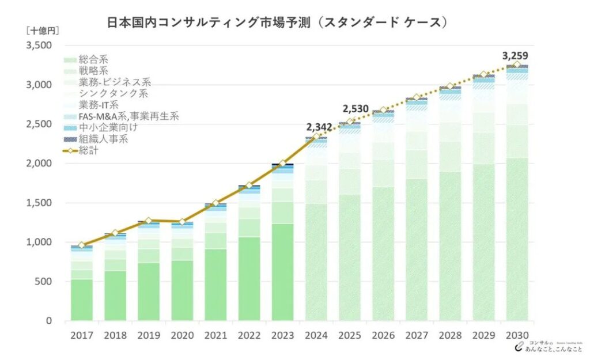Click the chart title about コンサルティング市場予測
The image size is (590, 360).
277,22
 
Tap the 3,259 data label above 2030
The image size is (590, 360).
515,56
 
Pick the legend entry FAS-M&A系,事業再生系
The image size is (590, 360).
121,116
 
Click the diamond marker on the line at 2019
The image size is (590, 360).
149,221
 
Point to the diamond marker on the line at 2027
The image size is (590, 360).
417,97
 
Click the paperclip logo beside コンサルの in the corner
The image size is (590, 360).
519,346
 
